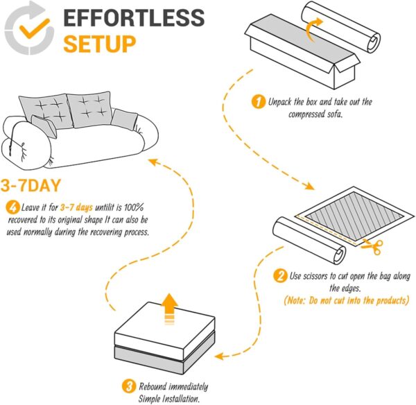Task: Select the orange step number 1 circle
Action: click(257, 103)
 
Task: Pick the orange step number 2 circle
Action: click(281, 276)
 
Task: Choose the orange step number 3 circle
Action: click(128, 386)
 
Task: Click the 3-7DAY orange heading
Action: click(35, 186)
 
